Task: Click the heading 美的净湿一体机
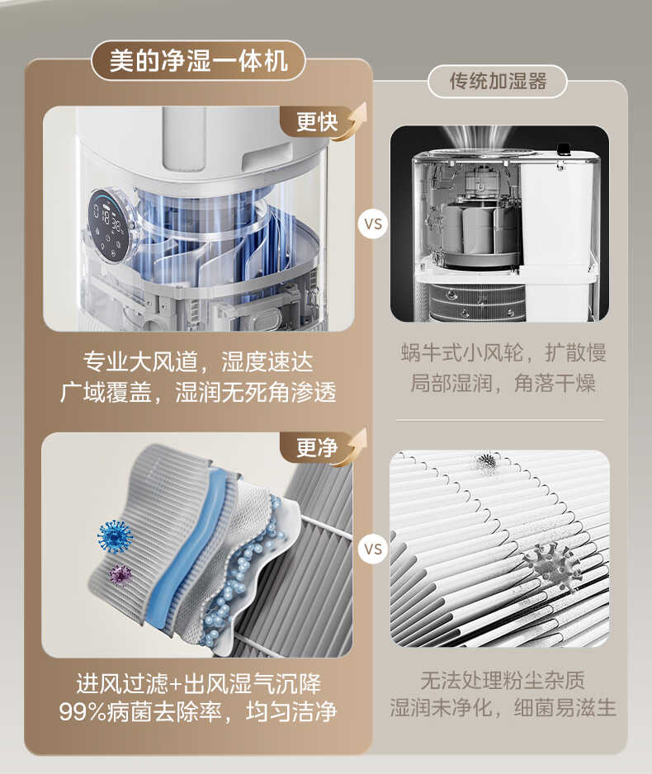tap(198, 62)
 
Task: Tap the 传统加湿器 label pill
tap(498, 82)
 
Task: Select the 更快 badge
tap(317, 122)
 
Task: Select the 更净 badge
tap(317, 448)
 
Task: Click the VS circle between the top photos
tap(374, 223)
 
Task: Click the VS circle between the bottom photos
tap(374, 548)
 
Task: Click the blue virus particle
tap(115, 536)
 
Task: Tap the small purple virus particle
tap(120, 573)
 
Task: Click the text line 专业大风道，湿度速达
tap(198, 361)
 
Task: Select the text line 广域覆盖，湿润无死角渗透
tap(198, 391)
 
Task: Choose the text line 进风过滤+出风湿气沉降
tap(198, 683)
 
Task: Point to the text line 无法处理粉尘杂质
tap(503, 681)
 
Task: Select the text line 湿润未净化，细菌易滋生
tap(503, 708)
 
